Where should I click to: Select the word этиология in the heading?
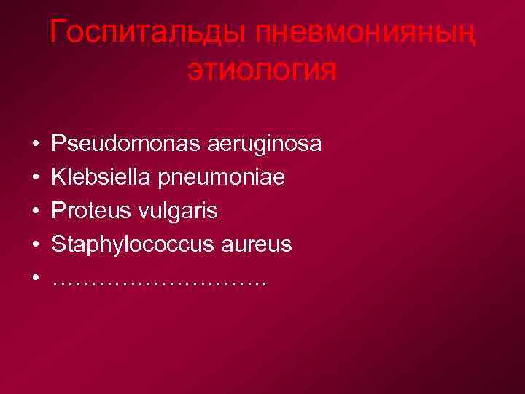262,71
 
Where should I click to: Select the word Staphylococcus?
128,245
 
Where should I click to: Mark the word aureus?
252,245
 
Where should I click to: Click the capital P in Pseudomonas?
59,144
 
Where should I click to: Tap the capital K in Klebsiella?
60,177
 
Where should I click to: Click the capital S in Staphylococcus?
59,244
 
